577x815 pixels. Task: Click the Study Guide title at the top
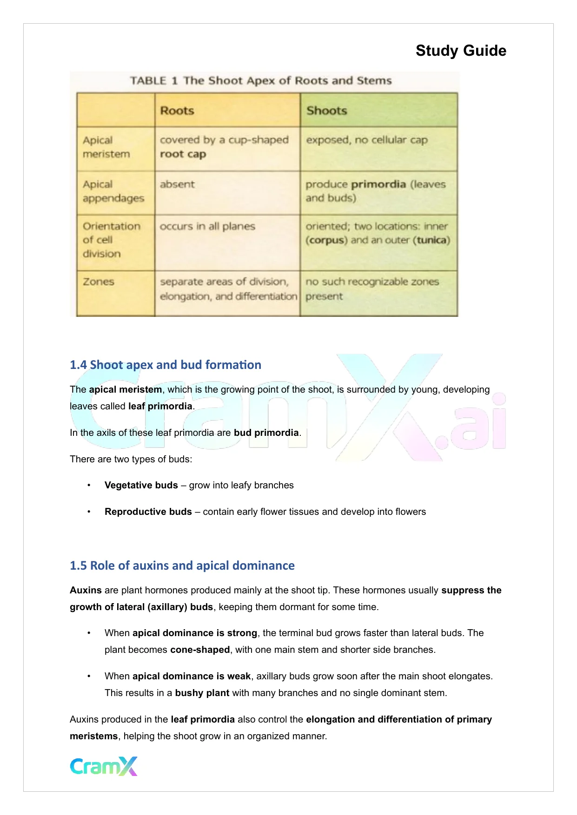(460, 51)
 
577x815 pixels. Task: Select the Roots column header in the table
(177, 111)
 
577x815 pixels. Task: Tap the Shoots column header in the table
(326, 111)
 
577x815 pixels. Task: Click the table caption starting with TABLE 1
(260, 81)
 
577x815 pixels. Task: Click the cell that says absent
(177, 184)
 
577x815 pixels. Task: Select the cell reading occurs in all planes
(207, 226)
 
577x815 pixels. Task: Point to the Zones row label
(99, 282)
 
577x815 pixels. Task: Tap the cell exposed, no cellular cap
(366, 140)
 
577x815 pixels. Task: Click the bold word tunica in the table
(432, 240)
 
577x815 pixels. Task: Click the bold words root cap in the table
(183, 154)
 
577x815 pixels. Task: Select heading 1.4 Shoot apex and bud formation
(165, 365)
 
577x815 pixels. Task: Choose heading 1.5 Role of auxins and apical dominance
(182, 565)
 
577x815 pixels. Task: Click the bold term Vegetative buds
(141, 485)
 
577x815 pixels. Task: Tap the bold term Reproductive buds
(148, 512)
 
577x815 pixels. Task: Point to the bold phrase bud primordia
(266, 433)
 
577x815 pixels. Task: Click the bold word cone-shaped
(200, 650)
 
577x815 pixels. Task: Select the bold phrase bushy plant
(202, 693)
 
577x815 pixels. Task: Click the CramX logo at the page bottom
(104, 766)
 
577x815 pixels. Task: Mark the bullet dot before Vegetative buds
(88, 485)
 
